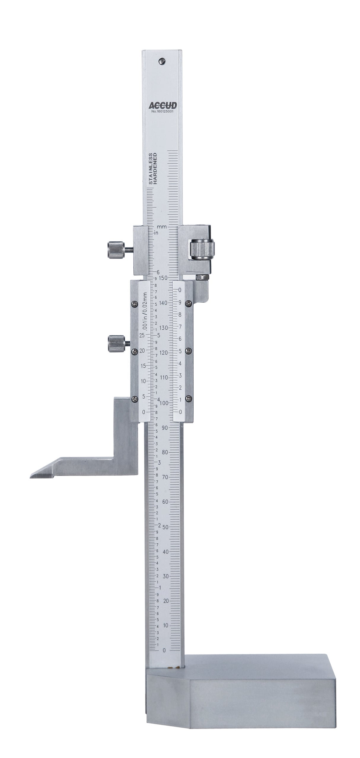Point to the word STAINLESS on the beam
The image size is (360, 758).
coord(151,169)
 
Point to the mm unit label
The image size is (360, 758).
coord(161,227)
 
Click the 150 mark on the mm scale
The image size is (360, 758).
coord(164,278)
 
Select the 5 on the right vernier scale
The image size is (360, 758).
coord(180,351)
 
